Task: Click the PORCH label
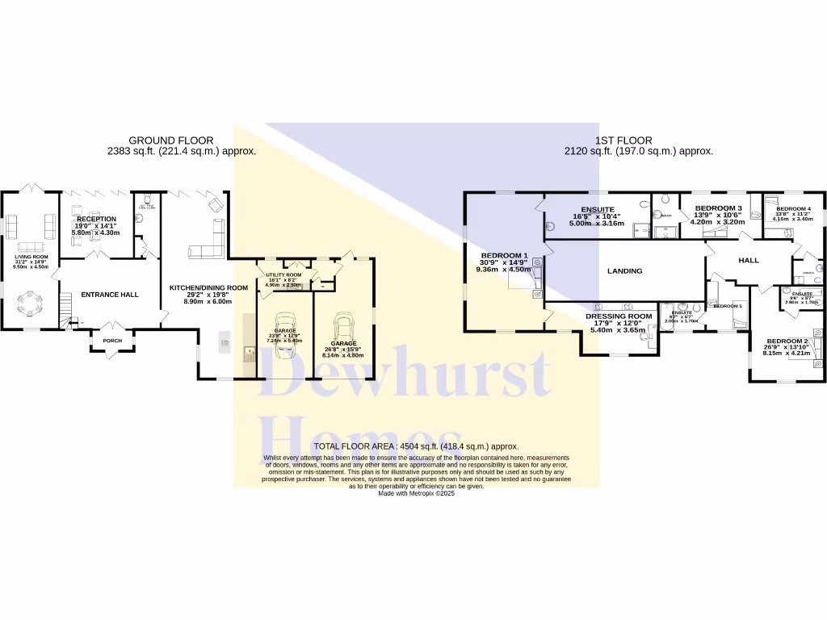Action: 112,341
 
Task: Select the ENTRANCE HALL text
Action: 110,295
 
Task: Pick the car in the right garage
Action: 342,328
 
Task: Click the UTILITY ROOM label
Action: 283,275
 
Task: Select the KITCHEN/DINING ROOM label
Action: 208,288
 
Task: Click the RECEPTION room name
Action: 96,219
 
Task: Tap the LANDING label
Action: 624,271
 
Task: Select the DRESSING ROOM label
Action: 619,316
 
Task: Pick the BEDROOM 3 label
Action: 718,208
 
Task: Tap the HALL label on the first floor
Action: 749,261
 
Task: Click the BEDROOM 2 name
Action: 786,341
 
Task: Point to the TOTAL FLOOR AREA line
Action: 416,446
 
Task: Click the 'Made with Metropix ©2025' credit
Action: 417,493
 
